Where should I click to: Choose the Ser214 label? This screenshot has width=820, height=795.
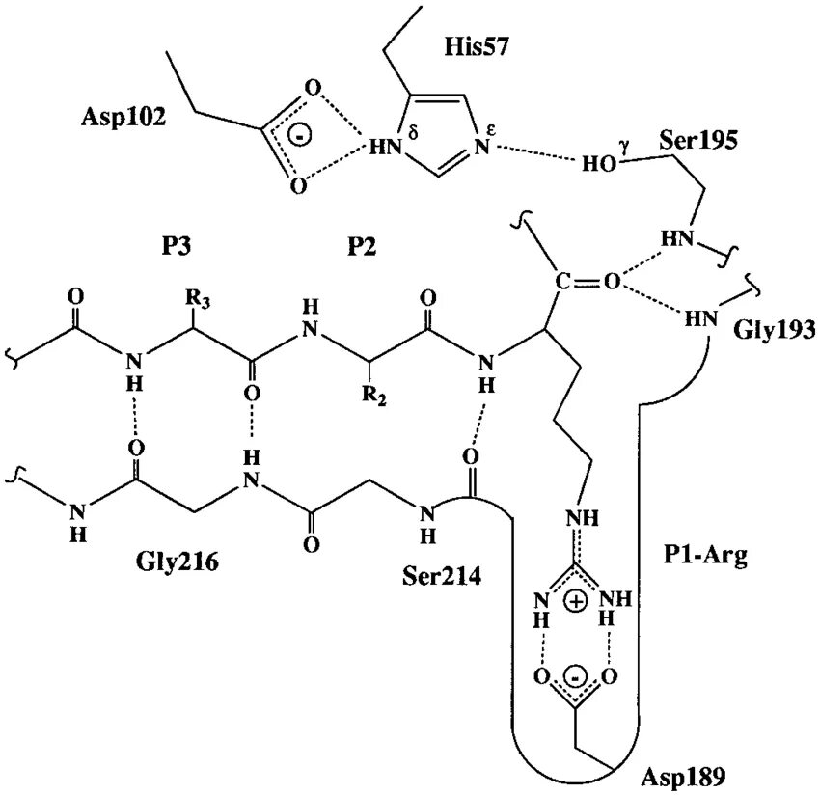[x=441, y=576]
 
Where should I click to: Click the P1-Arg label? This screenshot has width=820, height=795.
[x=705, y=557]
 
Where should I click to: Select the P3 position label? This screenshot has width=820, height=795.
[x=177, y=247]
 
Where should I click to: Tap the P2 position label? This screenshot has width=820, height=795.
[x=361, y=247]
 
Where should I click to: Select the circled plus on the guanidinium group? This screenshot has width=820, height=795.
[x=576, y=602]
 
